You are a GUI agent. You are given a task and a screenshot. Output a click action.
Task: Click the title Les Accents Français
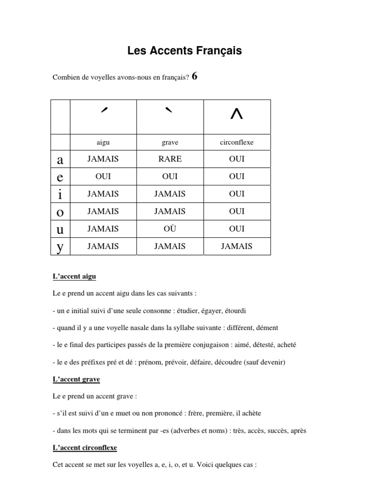point(184,50)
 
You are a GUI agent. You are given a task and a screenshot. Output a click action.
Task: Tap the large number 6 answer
point(195,76)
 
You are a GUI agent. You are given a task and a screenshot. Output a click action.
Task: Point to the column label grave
point(170,143)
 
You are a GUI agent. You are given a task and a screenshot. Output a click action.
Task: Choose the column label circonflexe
point(237,143)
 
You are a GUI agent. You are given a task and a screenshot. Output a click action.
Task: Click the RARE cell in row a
point(170,159)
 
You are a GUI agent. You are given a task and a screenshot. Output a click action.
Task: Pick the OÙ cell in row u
point(170,229)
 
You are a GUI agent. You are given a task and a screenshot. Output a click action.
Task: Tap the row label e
point(60,176)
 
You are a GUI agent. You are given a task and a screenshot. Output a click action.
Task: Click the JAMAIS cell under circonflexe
point(237,246)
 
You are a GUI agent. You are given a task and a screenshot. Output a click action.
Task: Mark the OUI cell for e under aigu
point(103,176)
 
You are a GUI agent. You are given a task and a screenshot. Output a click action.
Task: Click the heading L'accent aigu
point(74,277)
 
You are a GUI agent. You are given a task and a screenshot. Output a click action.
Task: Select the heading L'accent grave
point(76,380)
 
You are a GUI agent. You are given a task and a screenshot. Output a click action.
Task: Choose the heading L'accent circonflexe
point(85,447)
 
